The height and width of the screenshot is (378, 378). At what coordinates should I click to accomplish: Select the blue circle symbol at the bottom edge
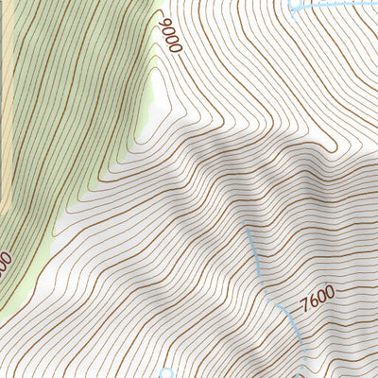coord(166,373)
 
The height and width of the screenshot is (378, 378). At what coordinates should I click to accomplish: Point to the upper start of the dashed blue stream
coord(247,228)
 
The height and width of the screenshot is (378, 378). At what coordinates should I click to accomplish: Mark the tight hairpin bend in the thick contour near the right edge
coord(332,148)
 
